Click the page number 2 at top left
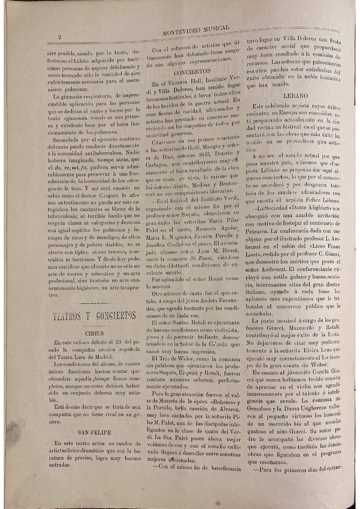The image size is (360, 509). pyautogui.click(x=60, y=37)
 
